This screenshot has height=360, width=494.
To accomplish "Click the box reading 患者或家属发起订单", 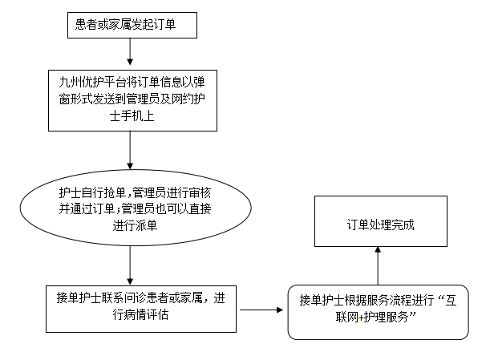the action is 132,25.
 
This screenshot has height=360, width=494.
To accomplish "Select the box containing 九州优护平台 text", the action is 132,100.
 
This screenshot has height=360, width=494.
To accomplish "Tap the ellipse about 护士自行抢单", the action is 136,208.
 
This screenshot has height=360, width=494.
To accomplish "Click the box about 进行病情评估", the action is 141,309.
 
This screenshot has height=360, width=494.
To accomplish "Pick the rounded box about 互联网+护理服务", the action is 378,312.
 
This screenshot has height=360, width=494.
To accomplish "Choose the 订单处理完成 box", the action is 381,221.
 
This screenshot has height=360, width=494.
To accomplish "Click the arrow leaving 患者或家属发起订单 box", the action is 130,51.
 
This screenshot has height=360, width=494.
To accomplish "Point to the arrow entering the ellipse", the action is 130,150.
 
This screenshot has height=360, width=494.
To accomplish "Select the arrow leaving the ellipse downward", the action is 130,265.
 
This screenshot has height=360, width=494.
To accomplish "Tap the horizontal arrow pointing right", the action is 261,310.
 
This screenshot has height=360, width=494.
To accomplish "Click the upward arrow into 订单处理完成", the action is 378,266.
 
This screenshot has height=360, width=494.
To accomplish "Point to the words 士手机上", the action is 132,116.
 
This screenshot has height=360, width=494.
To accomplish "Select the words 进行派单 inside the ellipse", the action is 135,225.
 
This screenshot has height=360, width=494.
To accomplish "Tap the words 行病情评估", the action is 140,314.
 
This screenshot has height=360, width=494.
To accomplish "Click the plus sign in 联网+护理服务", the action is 361,318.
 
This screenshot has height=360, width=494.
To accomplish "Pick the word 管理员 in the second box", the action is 143,99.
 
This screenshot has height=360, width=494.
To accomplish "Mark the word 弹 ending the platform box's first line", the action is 200,83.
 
